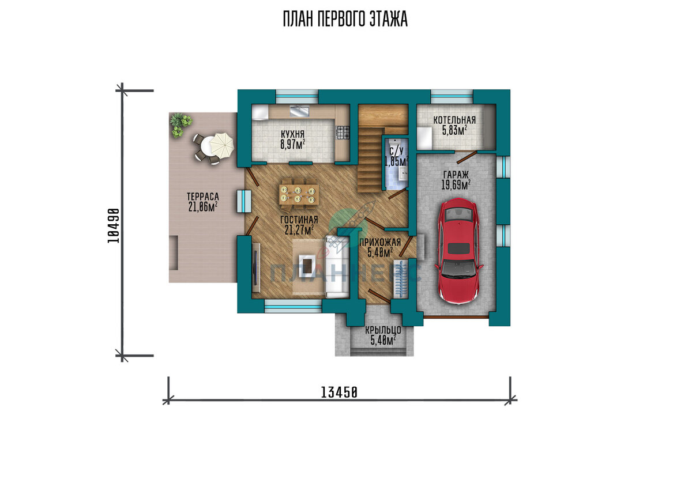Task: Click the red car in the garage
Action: tap(459, 251)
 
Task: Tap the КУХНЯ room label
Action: tap(292, 134)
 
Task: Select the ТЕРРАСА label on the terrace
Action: tap(202, 197)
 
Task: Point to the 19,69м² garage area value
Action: tap(456, 185)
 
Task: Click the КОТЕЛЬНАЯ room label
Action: tap(454, 120)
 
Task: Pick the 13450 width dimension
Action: tap(339, 392)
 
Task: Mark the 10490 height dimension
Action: tap(114, 226)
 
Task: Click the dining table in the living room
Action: tap(299, 194)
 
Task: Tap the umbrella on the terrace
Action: tap(222, 145)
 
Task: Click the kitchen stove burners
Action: tap(343, 133)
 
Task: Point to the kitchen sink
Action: tap(299, 111)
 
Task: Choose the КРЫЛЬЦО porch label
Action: tap(383, 330)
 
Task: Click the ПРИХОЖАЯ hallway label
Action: tap(380, 243)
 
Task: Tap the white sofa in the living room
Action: tap(337, 267)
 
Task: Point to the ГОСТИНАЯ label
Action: tap(299, 220)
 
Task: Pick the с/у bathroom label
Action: tap(397, 151)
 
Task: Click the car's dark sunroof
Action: tap(459, 248)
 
